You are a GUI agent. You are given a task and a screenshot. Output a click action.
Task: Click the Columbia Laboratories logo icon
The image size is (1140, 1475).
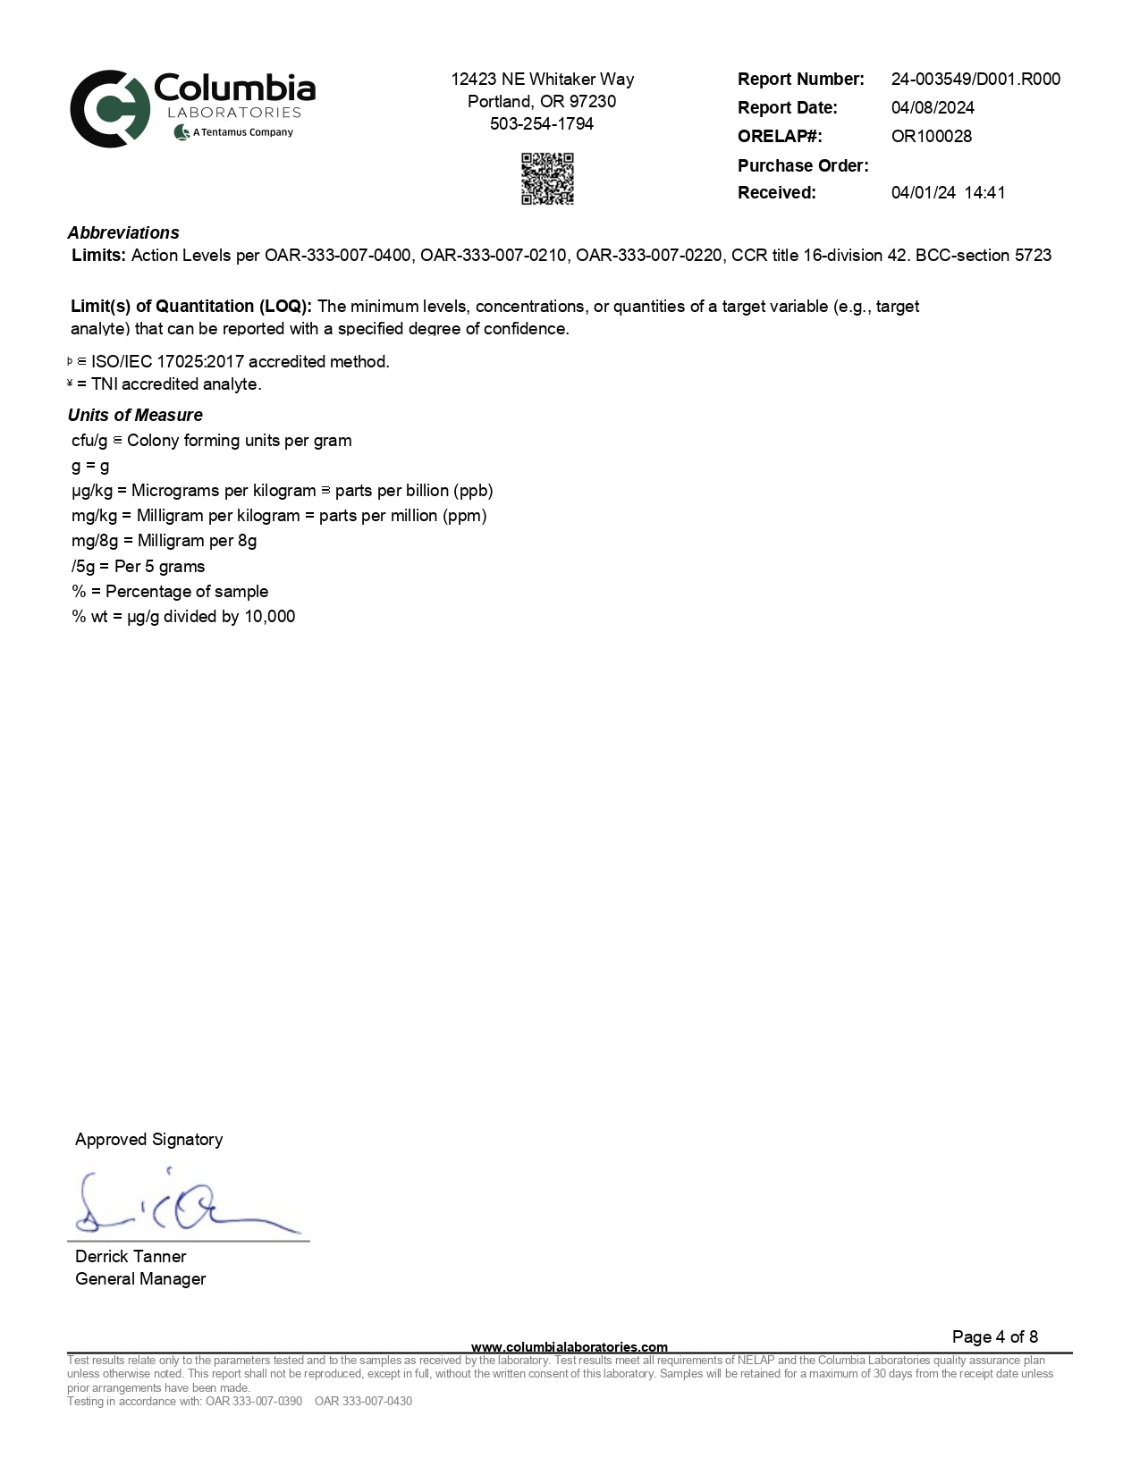(110, 108)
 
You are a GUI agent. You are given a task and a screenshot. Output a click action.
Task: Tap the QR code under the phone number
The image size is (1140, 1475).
(547, 179)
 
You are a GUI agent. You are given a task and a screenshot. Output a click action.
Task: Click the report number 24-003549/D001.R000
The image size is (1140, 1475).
(975, 79)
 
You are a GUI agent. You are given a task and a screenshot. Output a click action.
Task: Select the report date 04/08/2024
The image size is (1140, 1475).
(933, 107)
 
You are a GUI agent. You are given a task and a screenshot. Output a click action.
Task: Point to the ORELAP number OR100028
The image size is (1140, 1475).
(931, 136)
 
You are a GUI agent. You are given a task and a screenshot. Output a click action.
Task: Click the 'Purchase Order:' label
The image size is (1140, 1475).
(803, 165)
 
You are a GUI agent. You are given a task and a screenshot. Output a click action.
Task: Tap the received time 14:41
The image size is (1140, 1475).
(984, 192)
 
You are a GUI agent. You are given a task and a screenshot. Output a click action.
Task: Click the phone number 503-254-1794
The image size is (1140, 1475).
(542, 123)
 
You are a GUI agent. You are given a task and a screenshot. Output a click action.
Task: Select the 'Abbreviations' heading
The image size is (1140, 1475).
(123, 232)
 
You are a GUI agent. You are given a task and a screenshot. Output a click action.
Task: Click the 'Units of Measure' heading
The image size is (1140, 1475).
(135, 415)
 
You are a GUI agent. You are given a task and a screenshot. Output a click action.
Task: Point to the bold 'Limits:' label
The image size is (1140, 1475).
(98, 255)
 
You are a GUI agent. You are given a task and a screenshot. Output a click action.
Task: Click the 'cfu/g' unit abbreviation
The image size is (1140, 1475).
(89, 441)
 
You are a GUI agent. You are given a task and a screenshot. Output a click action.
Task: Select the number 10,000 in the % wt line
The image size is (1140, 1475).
(269, 616)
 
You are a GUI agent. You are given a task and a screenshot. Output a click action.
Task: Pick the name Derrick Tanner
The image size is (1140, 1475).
(131, 1256)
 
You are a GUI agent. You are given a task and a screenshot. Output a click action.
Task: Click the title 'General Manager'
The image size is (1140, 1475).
(140, 1278)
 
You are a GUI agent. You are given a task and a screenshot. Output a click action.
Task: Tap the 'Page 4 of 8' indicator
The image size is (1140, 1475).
(994, 1336)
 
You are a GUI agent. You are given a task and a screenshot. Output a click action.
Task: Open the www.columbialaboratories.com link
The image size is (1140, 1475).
(569, 1346)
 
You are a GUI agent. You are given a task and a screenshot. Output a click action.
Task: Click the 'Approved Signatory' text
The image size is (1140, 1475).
(148, 1139)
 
